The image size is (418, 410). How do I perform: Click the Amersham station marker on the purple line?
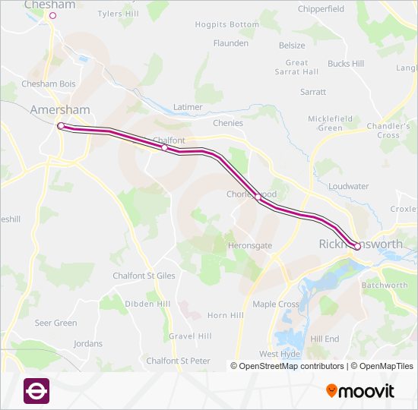[61, 126]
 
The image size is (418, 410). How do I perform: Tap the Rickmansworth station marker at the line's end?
[357, 246]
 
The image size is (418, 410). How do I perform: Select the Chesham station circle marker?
[52, 15]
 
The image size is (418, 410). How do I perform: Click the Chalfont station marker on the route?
[165, 148]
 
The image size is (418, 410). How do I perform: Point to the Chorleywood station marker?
[258, 197]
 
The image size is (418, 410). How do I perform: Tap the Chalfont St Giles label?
[144, 276]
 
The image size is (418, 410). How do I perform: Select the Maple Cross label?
[275, 304]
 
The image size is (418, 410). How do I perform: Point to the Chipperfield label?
[321, 9]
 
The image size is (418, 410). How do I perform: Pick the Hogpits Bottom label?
[226, 25]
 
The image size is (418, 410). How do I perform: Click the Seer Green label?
[55, 323]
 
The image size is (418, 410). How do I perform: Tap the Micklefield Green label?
[330, 123]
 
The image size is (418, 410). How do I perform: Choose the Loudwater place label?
[350, 185]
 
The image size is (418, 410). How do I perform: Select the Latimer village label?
[188, 107]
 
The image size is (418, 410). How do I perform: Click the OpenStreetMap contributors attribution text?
[287, 366]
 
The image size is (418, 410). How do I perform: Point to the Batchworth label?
[385, 285]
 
